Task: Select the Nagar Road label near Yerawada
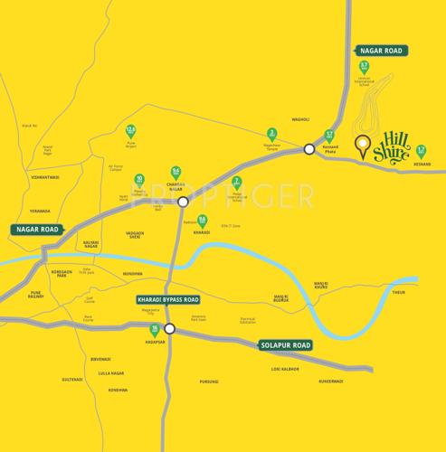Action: pyautogui.click(x=36, y=230)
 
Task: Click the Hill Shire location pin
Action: pyautogui.click(x=363, y=147)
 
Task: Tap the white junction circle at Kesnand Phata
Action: pyautogui.click(x=308, y=149)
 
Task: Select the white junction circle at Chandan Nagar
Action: pyautogui.click(x=183, y=202)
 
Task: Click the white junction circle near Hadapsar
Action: pyautogui.click(x=168, y=328)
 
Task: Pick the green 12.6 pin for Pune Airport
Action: pyautogui.click(x=131, y=132)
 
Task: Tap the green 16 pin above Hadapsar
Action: pyautogui.click(x=155, y=330)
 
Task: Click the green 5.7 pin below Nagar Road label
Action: pyautogui.click(x=365, y=68)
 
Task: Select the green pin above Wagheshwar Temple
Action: pyautogui.click(x=271, y=134)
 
